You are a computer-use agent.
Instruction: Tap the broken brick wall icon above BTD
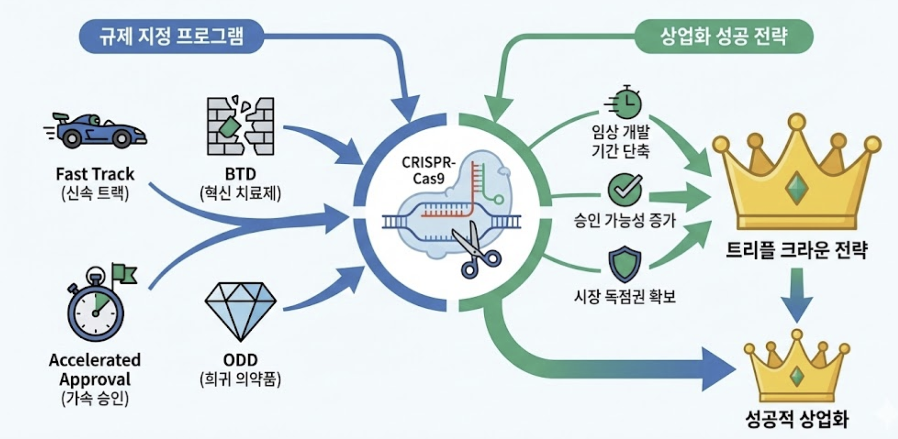pyautogui.click(x=240, y=126)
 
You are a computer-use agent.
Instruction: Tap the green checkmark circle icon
pyautogui.click(x=625, y=189)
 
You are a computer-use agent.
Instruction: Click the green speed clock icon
pyautogui.click(x=625, y=103)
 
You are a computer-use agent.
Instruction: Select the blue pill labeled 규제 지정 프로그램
pyautogui.click(x=171, y=36)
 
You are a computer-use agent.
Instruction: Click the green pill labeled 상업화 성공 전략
pyautogui.click(x=723, y=36)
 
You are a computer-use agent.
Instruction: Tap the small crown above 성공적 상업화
pyautogui.click(x=796, y=367)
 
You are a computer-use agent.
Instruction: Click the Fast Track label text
pyautogui.click(x=95, y=174)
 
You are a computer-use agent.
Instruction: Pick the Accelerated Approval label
pyautogui.click(x=95, y=370)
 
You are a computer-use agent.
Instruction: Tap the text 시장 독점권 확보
pyautogui.click(x=625, y=297)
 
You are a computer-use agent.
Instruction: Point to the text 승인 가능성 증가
pyautogui.click(x=625, y=220)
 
